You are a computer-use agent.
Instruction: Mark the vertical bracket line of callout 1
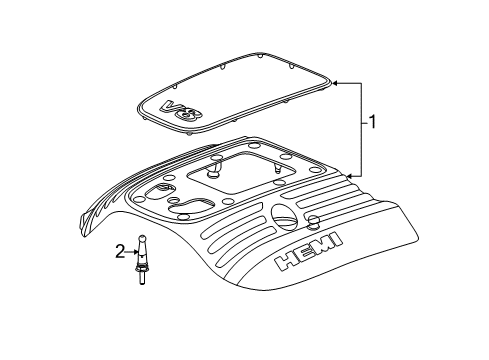point(361,128)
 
